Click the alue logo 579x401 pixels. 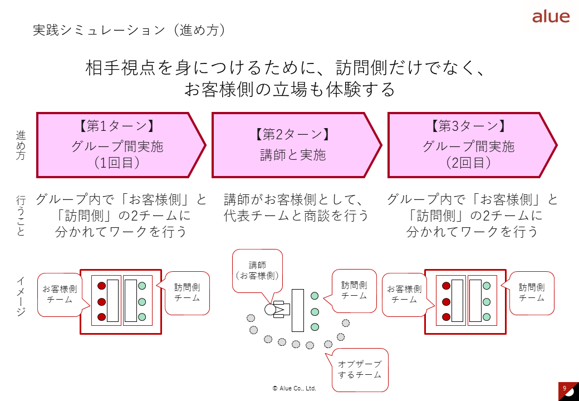pyautogui.click(x=551, y=16)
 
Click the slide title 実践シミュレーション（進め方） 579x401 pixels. pyautogui.click(x=129, y=30)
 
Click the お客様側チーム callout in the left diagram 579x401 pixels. pyautogui.click(x=60, y=294)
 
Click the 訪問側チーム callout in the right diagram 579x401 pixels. pyautogui.click(x=532, y=293)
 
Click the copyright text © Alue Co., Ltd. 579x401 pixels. pyautogui.click(x=294, y=388)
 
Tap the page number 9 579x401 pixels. pyautogui.click(x=565, y=388)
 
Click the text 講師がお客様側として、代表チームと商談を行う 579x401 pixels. pyautogui.click(x=296, y=207)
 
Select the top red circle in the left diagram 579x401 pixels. pyautogui.click(x=101, y=286)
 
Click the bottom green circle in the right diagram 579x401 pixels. pyautogui.click(x=487, y=317)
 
